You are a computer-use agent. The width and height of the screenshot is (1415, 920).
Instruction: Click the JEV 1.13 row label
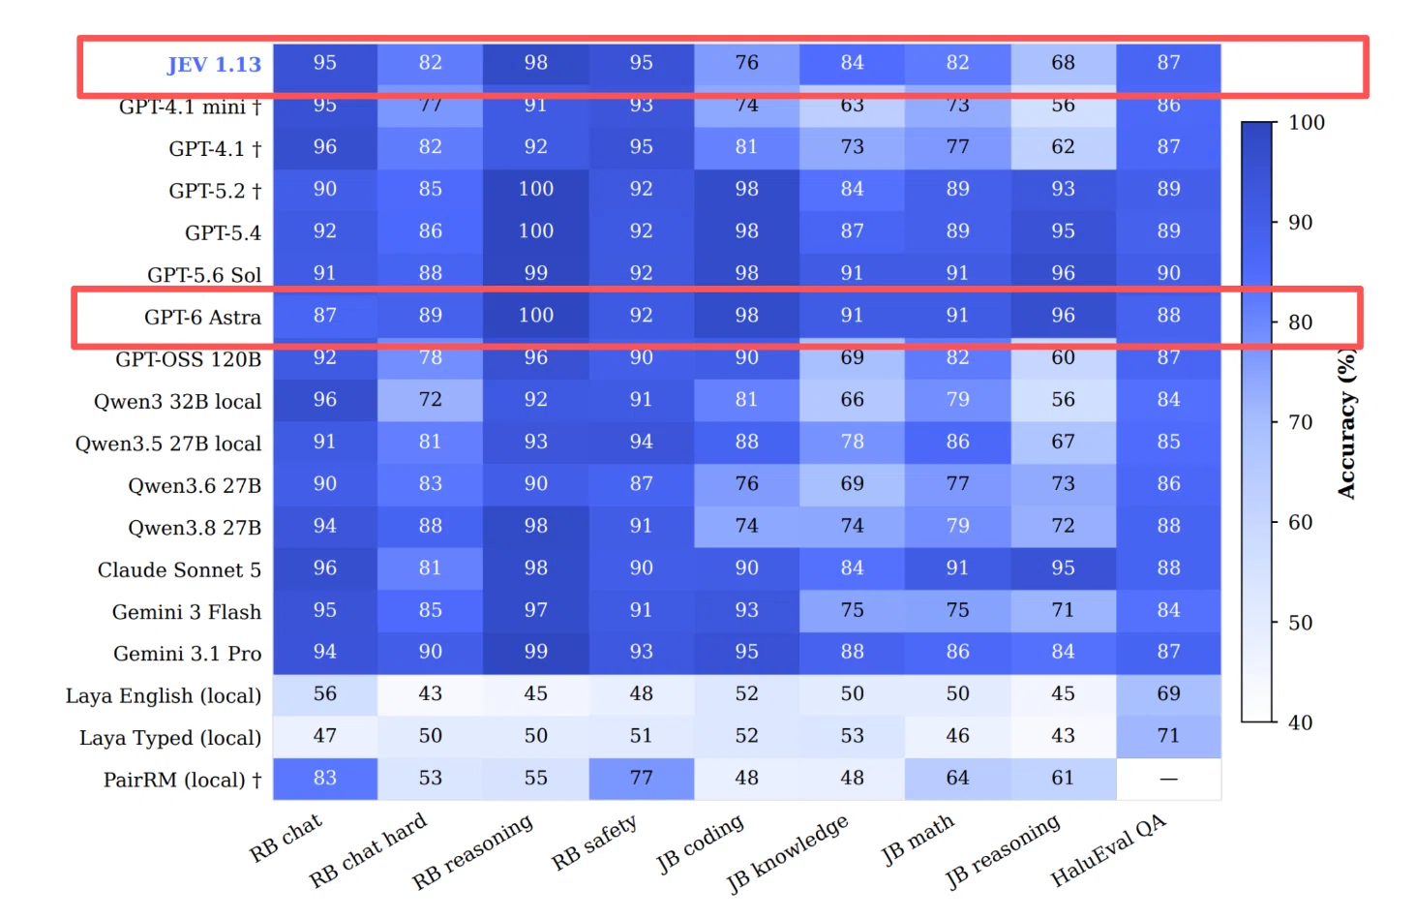point(214,65)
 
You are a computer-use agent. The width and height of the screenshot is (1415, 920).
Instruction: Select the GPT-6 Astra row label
point(202,317)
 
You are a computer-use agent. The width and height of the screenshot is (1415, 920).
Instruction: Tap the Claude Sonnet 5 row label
point(179,570)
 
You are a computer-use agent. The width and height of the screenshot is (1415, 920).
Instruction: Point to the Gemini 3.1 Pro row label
point(187,654)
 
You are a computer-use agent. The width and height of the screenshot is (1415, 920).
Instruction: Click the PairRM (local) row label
point(183,780)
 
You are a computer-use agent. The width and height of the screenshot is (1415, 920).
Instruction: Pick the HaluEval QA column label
point(1108,850)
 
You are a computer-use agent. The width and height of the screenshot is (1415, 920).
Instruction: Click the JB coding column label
point(700,843)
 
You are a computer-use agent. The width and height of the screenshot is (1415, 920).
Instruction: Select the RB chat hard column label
point(369,850)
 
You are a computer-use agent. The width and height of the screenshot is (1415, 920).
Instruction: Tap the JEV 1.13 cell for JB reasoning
point(1063,63)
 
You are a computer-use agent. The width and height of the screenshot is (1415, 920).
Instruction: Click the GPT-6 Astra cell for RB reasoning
point(535,316)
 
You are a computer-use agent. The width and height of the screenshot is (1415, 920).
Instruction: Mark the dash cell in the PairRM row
point(1168,779)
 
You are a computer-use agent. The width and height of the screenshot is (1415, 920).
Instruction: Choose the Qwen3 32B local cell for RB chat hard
point(430,399)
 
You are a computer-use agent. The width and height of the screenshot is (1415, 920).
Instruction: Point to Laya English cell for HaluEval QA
point(1168,693)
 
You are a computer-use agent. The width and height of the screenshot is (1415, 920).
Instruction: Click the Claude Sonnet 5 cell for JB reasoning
point(1063,568)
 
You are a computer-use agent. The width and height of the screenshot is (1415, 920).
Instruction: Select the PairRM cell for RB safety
point(641,779)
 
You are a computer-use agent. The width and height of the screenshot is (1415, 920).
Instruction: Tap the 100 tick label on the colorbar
point(1307,123)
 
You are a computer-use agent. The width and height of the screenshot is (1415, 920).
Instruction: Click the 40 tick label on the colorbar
point(1300,722)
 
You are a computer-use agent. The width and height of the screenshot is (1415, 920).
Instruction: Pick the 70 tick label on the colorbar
point(1300,422)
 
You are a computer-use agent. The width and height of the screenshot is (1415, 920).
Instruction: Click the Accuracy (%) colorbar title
point(1346,424)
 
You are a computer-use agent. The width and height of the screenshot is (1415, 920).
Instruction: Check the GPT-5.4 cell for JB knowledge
point(852,231)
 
